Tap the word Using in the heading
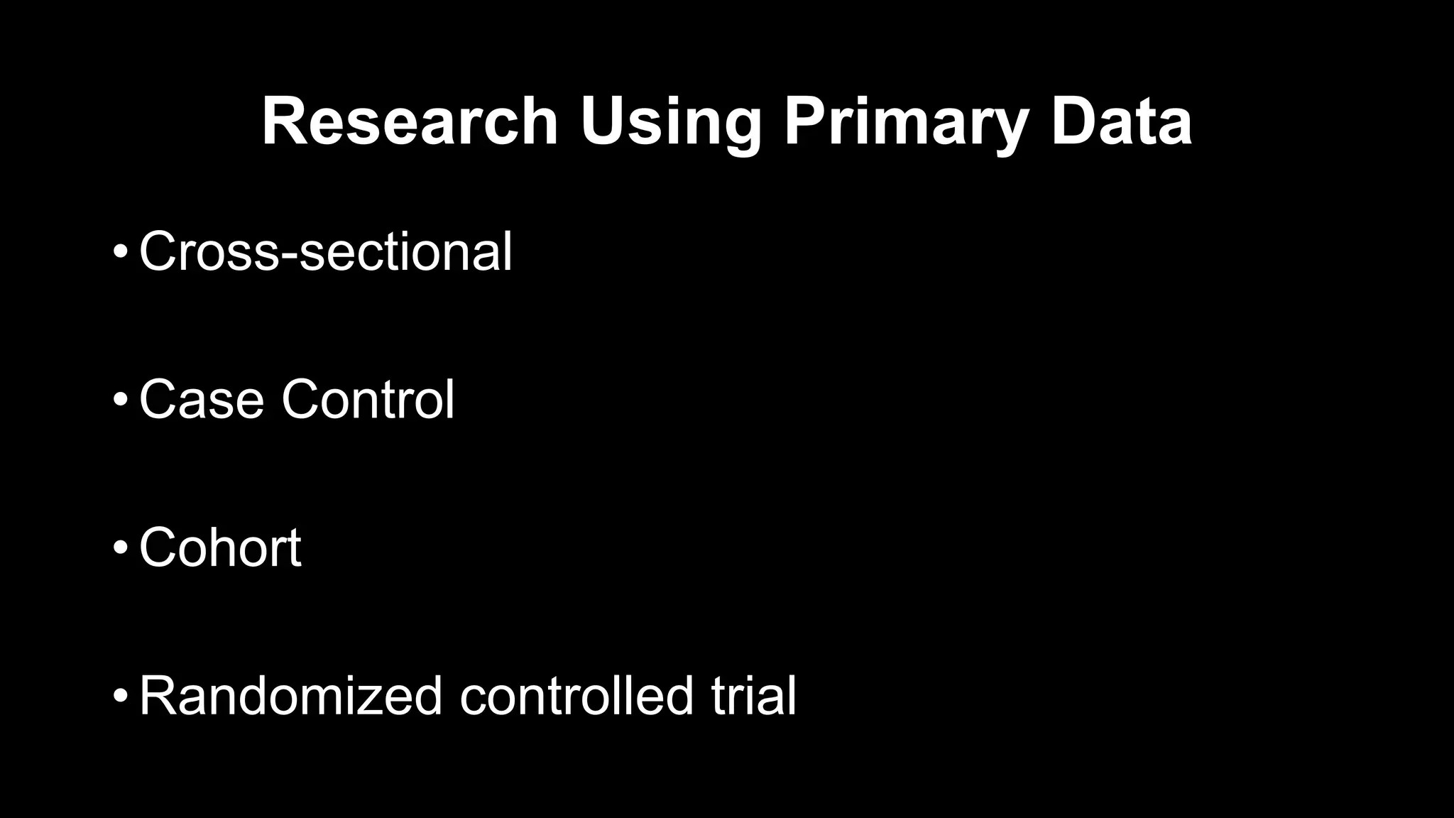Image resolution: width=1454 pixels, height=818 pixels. [670, 122]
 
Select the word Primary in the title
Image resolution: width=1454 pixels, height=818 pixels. [906, 122]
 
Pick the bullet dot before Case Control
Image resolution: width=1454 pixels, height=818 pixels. [120, 400]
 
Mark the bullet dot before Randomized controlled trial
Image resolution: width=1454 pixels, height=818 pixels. [120, 695]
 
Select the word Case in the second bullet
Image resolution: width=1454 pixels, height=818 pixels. [202, 400]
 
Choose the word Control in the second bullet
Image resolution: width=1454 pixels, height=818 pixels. [368, 400]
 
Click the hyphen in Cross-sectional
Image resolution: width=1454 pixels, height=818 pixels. [290, 256]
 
